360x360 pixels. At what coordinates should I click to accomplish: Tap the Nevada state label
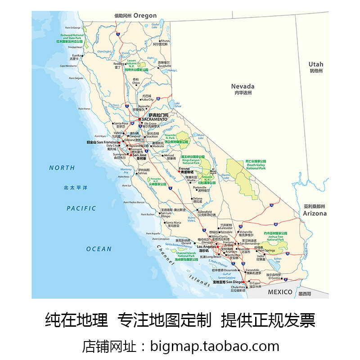(243, 86)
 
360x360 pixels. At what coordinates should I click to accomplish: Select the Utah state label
(315, 64)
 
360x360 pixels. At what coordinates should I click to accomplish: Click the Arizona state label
(315, 213)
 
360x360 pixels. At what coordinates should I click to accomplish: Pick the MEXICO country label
(280, 292)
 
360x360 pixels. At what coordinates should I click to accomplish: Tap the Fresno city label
(186, 168)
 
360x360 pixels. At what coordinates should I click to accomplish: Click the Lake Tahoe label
(177, 104)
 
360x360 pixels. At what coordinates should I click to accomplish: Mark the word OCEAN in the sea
(99, 249)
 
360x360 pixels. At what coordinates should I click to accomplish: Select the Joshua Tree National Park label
(275, 238)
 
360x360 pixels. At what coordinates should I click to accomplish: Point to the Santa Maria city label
(173, 222)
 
